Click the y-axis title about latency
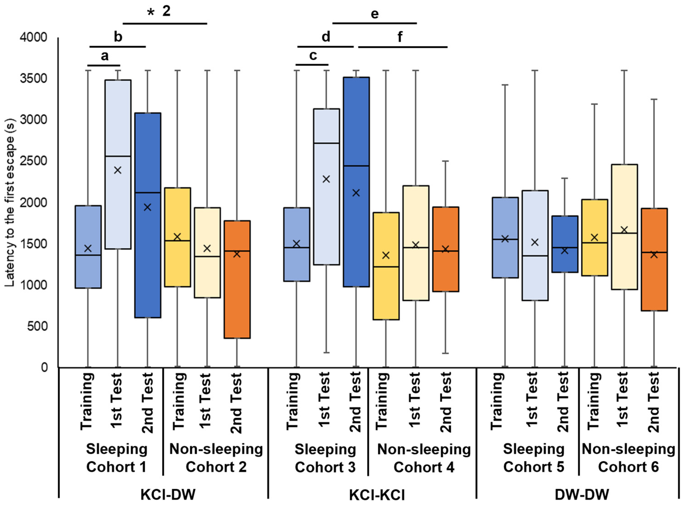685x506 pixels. coord(10,202)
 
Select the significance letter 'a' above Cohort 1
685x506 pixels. coord(105,56)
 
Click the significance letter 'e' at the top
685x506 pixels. coord(375,14)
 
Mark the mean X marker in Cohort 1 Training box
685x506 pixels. coord(88,248)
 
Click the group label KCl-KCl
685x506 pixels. coord(377,494)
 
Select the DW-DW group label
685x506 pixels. coord(582,494)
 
